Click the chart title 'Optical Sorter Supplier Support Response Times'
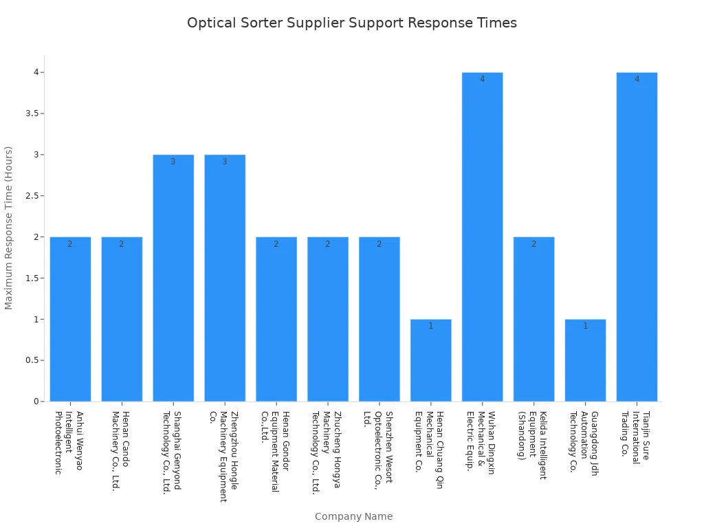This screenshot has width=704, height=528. coord(352,23)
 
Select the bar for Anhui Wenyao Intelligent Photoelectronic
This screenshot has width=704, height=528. coord(70,319)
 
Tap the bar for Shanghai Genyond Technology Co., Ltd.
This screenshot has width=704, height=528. coord(173,278)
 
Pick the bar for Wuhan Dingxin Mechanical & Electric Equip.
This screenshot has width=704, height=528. coord(482,236)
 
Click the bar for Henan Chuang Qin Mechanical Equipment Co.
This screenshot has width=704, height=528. coord(431,360)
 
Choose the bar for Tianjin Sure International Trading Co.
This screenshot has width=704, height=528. coord(637,236)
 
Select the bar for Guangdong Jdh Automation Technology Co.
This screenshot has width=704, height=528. coord(585,360)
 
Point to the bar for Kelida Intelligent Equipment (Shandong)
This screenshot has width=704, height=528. coord(533,319)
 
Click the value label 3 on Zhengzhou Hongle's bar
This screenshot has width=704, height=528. coord(224,162)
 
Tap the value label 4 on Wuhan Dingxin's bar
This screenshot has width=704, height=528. coord(482,79)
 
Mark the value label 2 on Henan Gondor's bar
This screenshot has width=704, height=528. coord(276,244)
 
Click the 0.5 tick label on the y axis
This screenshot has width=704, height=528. coord(30,360)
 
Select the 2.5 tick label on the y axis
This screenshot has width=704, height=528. coord(30,196)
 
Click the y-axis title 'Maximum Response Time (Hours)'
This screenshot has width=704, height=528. coord(9,228)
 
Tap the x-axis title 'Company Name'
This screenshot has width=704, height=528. coord(353,516)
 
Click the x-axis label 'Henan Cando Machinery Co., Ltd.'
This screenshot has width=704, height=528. coord(120,450)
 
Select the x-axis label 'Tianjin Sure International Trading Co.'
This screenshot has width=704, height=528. coord(636,437)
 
